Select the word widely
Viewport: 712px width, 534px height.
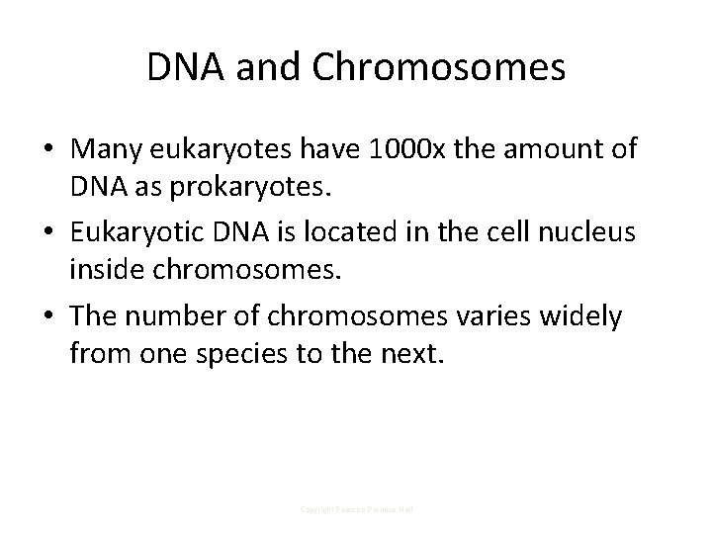pyautogui.click(x=581, y=316)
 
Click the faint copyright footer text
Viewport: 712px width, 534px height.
pyautogui.click(x=356, y=509)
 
